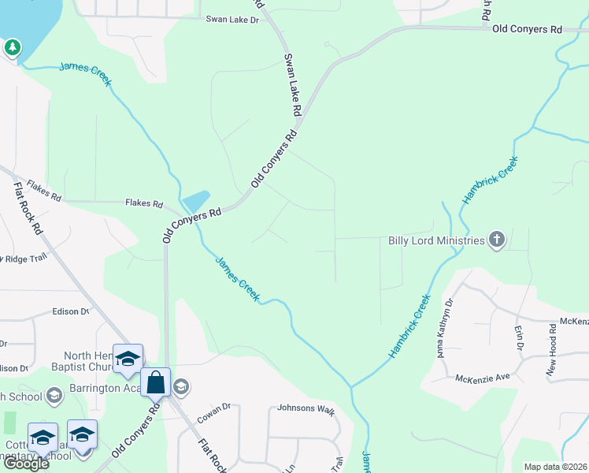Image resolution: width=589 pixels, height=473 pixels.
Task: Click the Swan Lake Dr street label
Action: click(x=232, y=20)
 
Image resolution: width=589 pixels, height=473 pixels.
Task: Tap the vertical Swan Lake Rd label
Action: click(x=292, y=86)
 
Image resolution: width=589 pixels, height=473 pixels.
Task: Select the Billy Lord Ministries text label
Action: click(x=436, y=240)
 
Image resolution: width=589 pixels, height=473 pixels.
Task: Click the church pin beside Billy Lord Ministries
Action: click(x=496, y=240)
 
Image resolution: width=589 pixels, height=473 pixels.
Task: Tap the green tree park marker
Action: click(x=12, y=48)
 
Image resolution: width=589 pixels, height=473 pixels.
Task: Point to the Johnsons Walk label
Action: click(x=306, y=411)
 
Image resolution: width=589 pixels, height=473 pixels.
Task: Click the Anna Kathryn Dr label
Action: click(x=444, y=327)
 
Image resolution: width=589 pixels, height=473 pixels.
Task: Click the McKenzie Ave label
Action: click(x=483, y=378)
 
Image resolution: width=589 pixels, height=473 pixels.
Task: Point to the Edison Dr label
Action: click(x=71, y=311)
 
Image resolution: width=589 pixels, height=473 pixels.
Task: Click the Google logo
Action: click(x=26, y=464)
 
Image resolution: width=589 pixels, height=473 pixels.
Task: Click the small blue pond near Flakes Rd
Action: click(x=196, y=200)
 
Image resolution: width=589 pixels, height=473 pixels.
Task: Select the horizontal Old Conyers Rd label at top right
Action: click(x=527, y=29)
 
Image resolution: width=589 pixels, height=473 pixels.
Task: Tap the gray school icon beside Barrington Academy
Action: click(x=181, y=385)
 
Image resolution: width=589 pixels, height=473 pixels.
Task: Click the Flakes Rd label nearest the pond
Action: click(x=143, y=203)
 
